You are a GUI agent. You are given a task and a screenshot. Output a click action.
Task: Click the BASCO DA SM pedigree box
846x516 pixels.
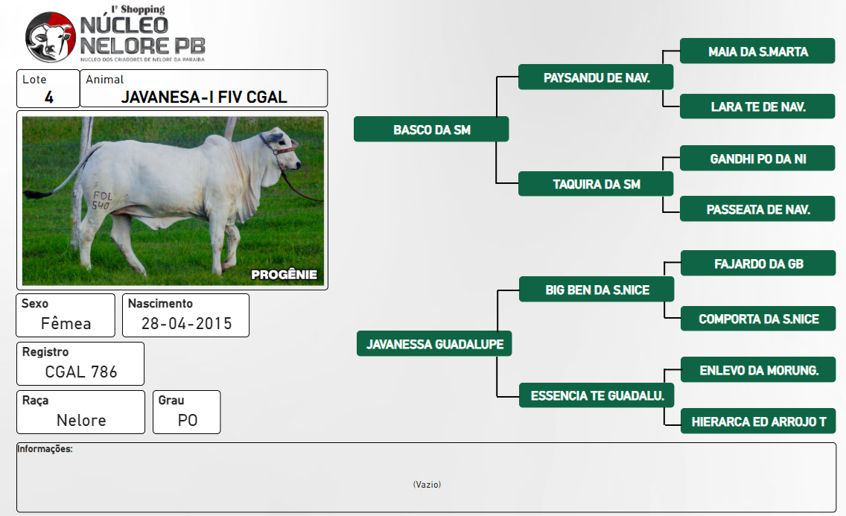click(x=431, y=130)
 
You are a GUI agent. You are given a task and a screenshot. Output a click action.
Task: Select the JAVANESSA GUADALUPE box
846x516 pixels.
click(x=434, y=344)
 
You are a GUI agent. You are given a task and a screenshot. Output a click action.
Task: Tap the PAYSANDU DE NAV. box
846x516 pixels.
click(x=596, y=77)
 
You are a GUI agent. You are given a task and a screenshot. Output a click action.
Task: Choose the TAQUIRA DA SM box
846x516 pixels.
click(x=596, y=184)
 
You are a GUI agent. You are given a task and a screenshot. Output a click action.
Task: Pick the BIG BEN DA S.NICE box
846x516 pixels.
click(x=597, y=290)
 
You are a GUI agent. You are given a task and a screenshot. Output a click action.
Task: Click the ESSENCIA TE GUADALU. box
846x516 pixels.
click(x=597, y=395)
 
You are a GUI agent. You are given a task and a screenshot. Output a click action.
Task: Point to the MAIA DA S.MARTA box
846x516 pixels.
click(x=757, y=51)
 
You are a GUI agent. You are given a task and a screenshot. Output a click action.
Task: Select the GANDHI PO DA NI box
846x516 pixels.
click(x=757, y=159)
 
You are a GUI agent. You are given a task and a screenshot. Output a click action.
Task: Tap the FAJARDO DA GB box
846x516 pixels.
click(x=759, y=263)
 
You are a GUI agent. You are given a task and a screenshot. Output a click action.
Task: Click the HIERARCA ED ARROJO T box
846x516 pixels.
click(x=759, y=421)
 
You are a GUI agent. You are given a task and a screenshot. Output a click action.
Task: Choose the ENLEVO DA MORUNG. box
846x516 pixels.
click(x=759, y=370)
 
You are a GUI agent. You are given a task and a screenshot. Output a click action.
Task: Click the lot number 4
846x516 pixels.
click(x=49, y=98)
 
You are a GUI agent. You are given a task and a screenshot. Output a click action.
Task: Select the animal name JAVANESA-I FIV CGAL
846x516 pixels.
click(x=204, y=97)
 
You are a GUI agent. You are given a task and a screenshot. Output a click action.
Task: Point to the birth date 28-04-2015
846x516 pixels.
click(x=186, y=323)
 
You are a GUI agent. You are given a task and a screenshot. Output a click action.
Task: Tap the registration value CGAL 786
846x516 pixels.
click(x=81, y=372)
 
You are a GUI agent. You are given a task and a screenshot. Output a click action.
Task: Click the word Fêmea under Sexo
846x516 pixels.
click(x=66, y=323)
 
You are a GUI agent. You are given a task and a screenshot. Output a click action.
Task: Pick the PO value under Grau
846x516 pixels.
click(x=187, y=421)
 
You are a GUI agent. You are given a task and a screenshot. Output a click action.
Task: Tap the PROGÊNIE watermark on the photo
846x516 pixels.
click(x=284, y=275)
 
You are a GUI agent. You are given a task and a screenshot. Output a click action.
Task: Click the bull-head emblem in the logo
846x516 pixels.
click(x=50, y=36)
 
